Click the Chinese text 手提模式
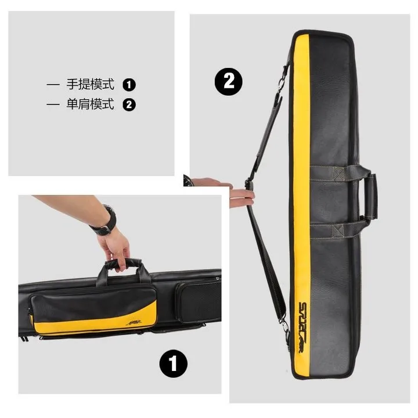tap(91, 85)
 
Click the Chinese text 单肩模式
tap(91, 105)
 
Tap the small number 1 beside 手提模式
tap(129, 85)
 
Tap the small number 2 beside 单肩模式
tap(129, 105)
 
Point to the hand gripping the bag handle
tap(119, 247)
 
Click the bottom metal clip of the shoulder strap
tap(284, 328)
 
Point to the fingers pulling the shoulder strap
tap(241, 194)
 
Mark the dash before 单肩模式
tap(53, 105)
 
